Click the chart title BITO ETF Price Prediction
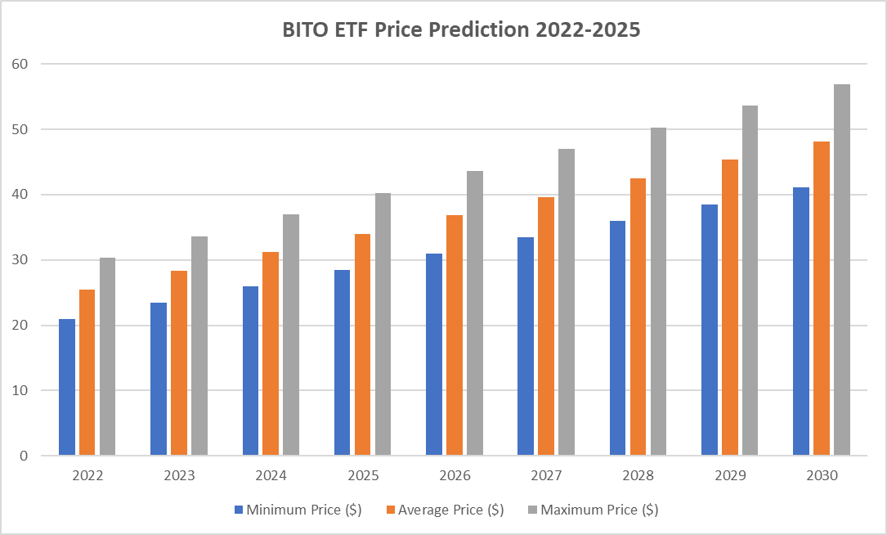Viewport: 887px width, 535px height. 461,29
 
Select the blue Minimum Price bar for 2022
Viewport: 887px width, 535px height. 67,387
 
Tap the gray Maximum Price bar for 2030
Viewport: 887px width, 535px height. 842,270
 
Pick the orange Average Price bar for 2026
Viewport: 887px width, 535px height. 455,335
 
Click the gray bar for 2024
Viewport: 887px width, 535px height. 291,335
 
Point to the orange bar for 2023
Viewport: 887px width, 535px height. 179,362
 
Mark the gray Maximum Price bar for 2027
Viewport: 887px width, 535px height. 567,302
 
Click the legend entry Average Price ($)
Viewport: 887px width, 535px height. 446,510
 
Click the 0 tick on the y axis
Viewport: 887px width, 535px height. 25,456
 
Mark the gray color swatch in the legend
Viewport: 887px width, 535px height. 532,510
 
